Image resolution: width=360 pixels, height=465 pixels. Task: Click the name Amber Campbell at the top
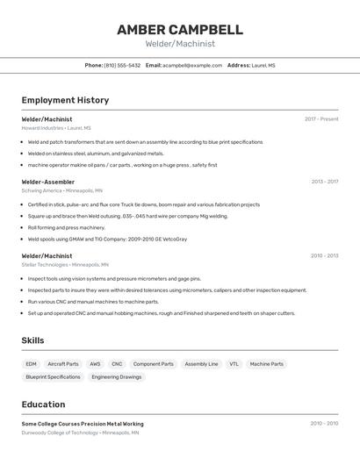tap(180, 29)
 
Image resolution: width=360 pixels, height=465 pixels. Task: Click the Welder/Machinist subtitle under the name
tap(180, 44)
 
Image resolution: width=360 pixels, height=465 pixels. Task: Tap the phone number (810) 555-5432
tap(122, 65)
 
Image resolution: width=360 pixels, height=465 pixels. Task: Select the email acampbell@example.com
tap(192, 65)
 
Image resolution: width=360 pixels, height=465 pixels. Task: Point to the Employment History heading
tap(65, 100)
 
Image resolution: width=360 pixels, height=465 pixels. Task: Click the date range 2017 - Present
tap(321, 118)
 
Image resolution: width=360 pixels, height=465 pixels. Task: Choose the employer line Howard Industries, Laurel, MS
tap(56, 128)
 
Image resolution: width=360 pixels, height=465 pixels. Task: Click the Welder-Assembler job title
tap(48, 182)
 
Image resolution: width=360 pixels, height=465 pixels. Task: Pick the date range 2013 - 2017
tap(324, 182)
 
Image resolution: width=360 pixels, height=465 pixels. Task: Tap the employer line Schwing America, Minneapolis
tap(61, 190)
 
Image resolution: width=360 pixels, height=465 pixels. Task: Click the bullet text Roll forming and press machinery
tap(66, 227)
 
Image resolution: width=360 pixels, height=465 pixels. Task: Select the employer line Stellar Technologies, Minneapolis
tap(65, 264)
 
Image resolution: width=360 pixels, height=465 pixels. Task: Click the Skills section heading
tap(33, 340)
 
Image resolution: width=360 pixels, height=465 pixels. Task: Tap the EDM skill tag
tap(31, 364)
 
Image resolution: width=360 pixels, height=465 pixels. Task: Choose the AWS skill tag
tap(95, 364)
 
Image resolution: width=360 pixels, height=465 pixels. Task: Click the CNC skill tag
tap(117, 364)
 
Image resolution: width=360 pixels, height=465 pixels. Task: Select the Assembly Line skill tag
tap(201, 364)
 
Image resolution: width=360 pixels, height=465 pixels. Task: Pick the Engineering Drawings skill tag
tap(116, 377)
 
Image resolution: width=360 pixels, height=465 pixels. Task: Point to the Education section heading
tap(43, 404)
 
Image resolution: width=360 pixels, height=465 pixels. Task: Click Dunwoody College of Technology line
tap(82, 433)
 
